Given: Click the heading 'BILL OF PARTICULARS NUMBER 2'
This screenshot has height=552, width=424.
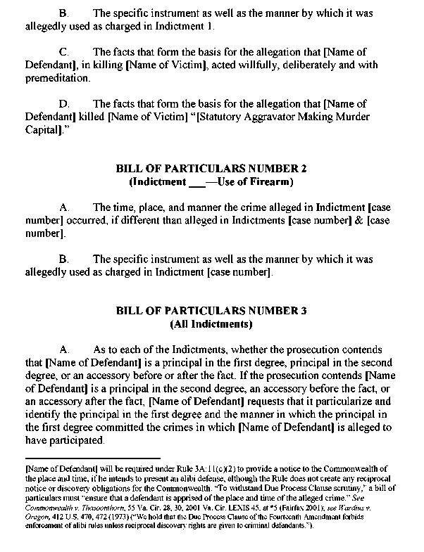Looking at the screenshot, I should pyautogui.click(x=211, y=169).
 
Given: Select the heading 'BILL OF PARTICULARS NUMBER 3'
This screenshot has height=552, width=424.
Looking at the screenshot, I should pyautogui.click(x=211, y=312).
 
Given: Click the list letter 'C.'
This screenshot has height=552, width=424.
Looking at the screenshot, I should pyautogui.click(x=63, y=52).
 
